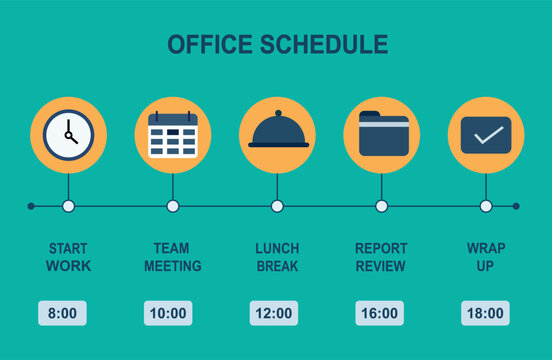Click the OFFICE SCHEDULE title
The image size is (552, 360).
277,45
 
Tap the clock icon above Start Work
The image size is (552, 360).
68,135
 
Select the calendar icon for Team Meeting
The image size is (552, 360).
173,135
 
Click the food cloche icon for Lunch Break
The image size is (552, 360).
277,134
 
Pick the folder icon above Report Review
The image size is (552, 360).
382,135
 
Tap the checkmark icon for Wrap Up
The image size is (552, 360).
486,135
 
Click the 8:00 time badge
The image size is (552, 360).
62,313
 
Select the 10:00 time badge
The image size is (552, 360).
168,313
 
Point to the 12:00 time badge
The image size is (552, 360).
273,313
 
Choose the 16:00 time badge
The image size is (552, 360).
379,313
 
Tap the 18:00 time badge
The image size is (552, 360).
485,313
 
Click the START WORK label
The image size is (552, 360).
68,257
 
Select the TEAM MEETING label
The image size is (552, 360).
173,257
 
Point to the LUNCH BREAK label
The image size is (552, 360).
277,257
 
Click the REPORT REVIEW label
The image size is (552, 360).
381,257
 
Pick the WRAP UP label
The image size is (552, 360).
486,257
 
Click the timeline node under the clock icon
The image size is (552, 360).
68,206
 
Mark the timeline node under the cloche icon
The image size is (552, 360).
277,206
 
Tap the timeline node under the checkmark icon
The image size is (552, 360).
486,206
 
